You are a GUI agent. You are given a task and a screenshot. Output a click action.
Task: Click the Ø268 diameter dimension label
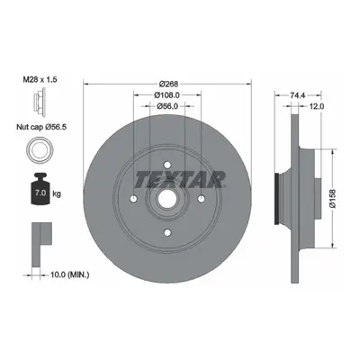tap(169, 84)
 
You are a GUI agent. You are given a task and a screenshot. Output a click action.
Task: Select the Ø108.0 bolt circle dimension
tap(166, 95)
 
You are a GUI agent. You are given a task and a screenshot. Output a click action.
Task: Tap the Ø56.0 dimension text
tap(167, 106)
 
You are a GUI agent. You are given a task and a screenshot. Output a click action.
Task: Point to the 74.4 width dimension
tap(298, 95)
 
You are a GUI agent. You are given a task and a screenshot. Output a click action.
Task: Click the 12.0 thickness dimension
tap(315, 106)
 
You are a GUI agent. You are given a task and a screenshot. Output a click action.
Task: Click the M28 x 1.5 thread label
tap(40, 79)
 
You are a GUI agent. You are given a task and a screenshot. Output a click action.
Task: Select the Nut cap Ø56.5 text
tap(41, 127)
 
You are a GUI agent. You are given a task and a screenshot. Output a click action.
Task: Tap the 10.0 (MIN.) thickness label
tap(69, 274)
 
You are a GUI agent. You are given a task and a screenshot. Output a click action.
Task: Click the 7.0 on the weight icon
tap(40, 193)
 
